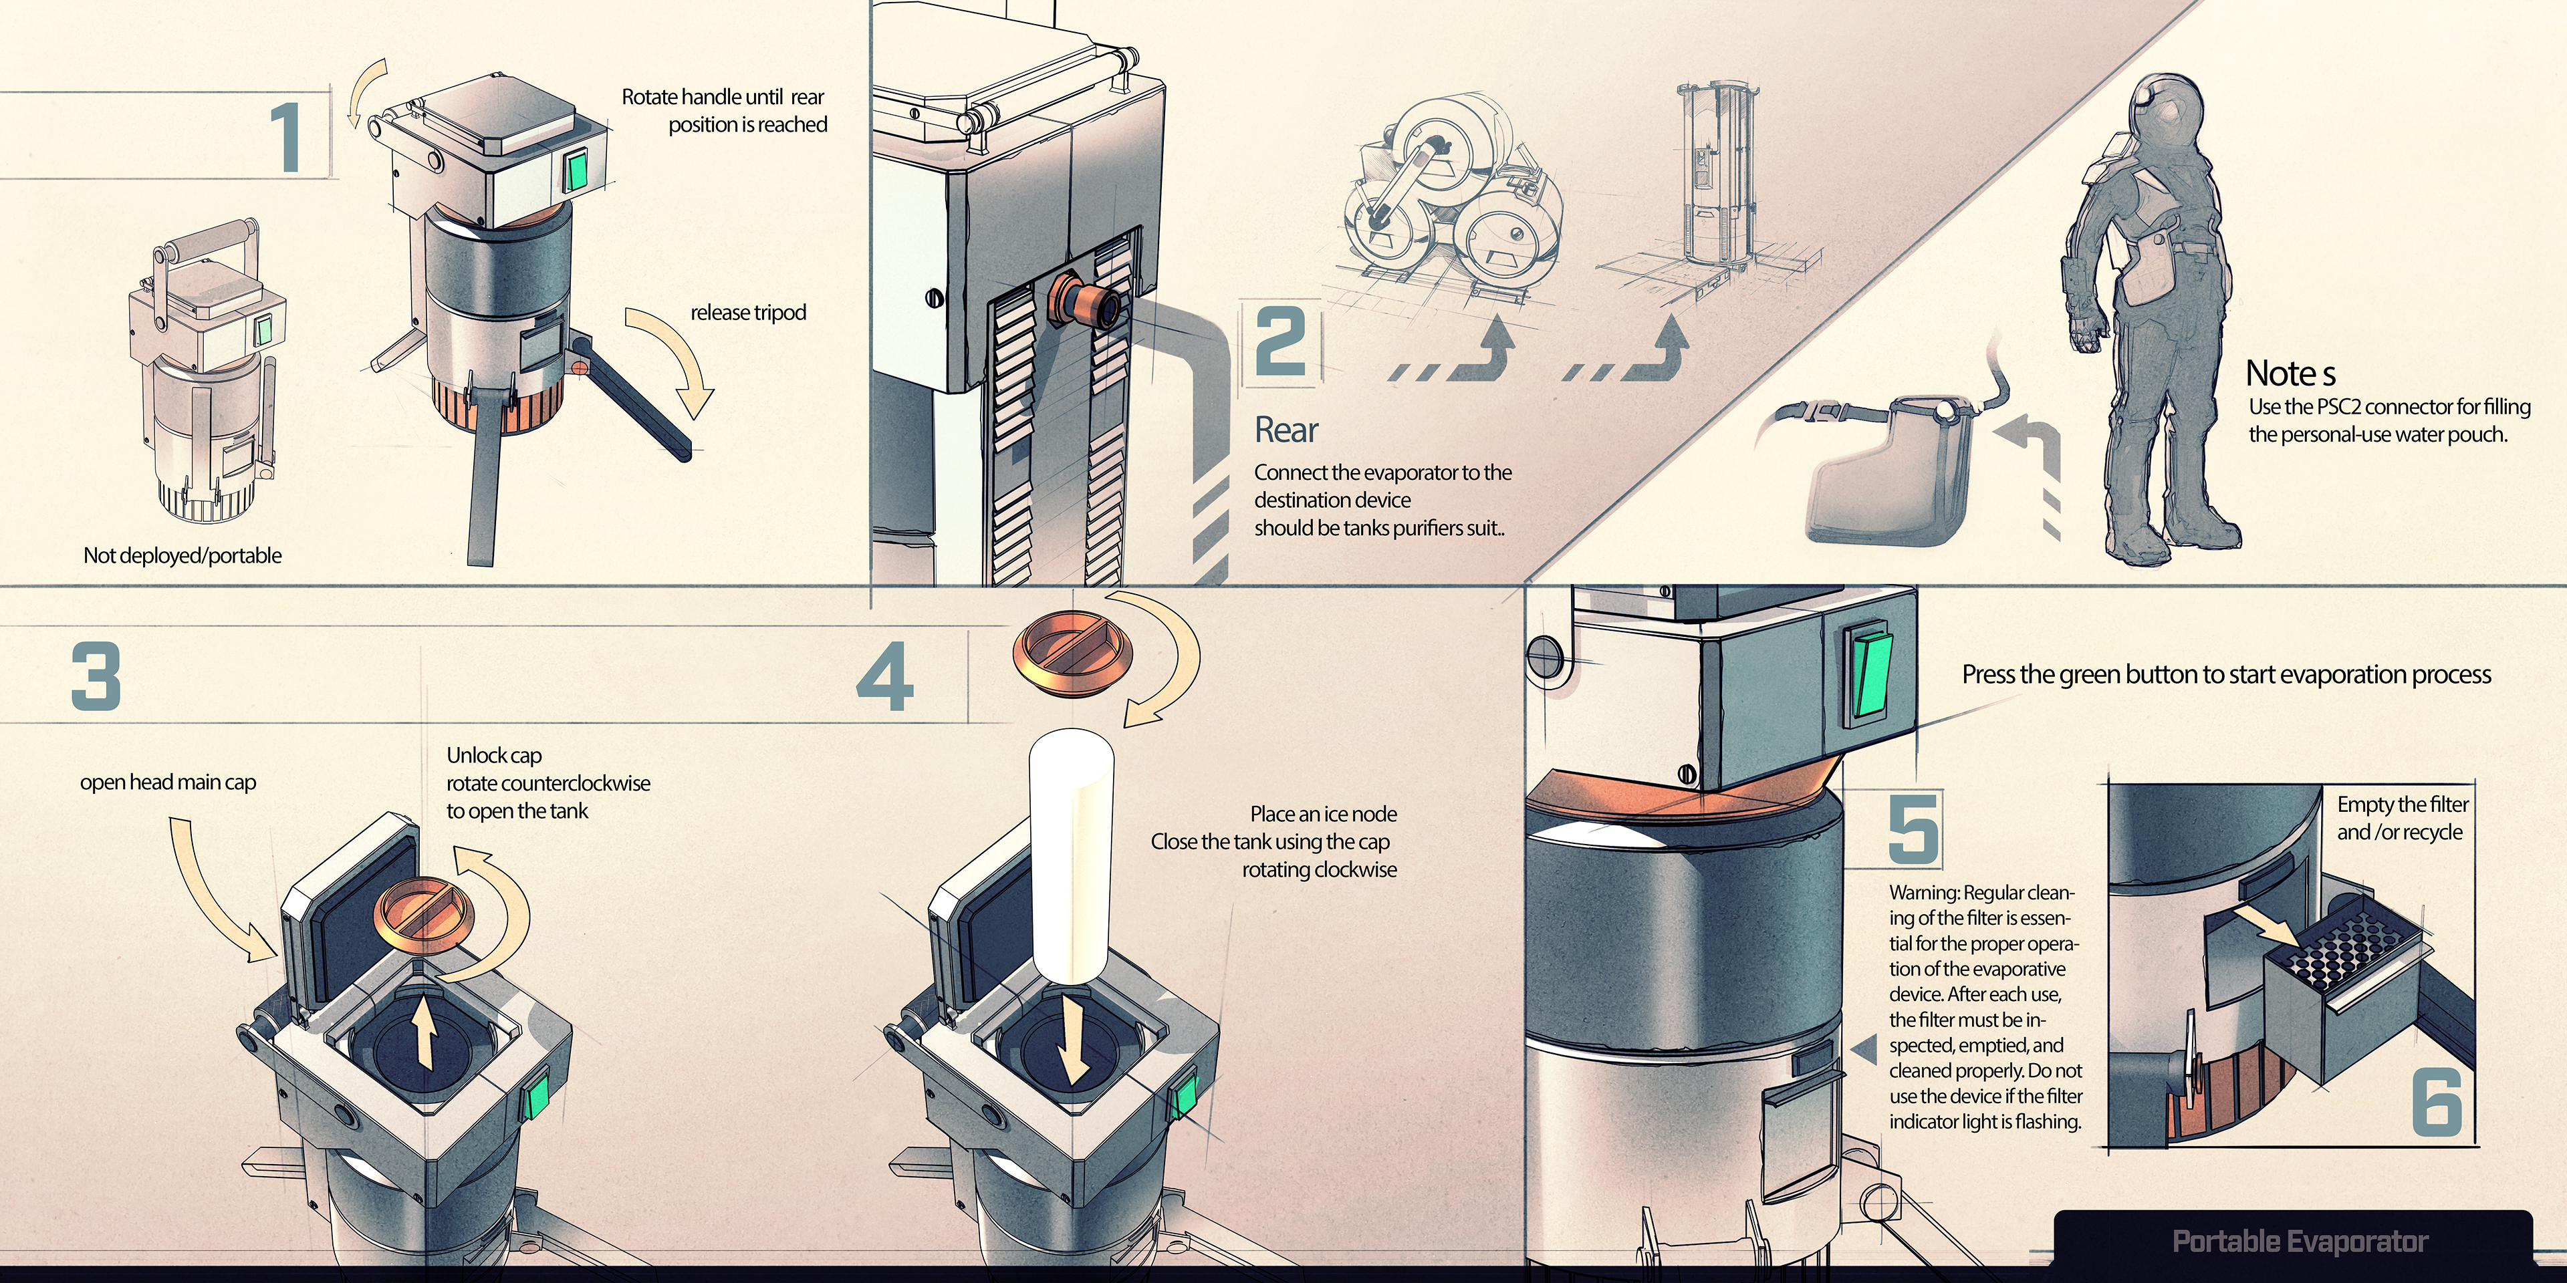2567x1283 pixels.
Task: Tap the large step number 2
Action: coord(1281,341)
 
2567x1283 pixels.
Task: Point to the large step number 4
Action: coord(885,678)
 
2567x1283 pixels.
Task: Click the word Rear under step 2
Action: coord(1286,430)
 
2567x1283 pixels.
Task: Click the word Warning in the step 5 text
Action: coord(1923,893)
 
